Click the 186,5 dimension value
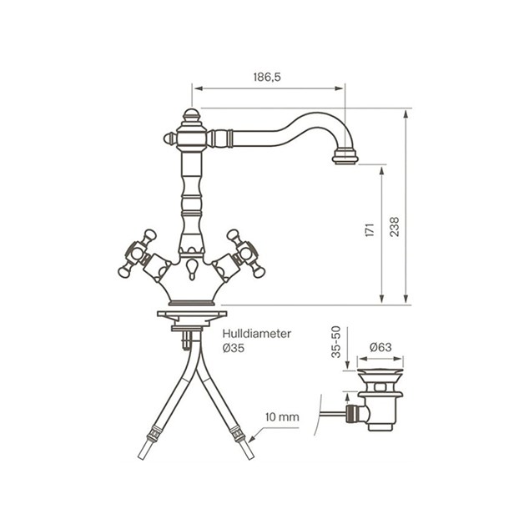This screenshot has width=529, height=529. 267,78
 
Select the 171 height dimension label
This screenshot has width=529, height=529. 370,229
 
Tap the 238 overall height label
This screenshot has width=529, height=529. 394,227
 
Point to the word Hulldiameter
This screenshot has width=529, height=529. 256,334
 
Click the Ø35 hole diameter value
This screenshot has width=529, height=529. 233,348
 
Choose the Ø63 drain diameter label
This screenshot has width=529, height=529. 380,347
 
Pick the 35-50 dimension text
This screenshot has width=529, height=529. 336,342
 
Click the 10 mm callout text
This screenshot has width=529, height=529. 282,417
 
